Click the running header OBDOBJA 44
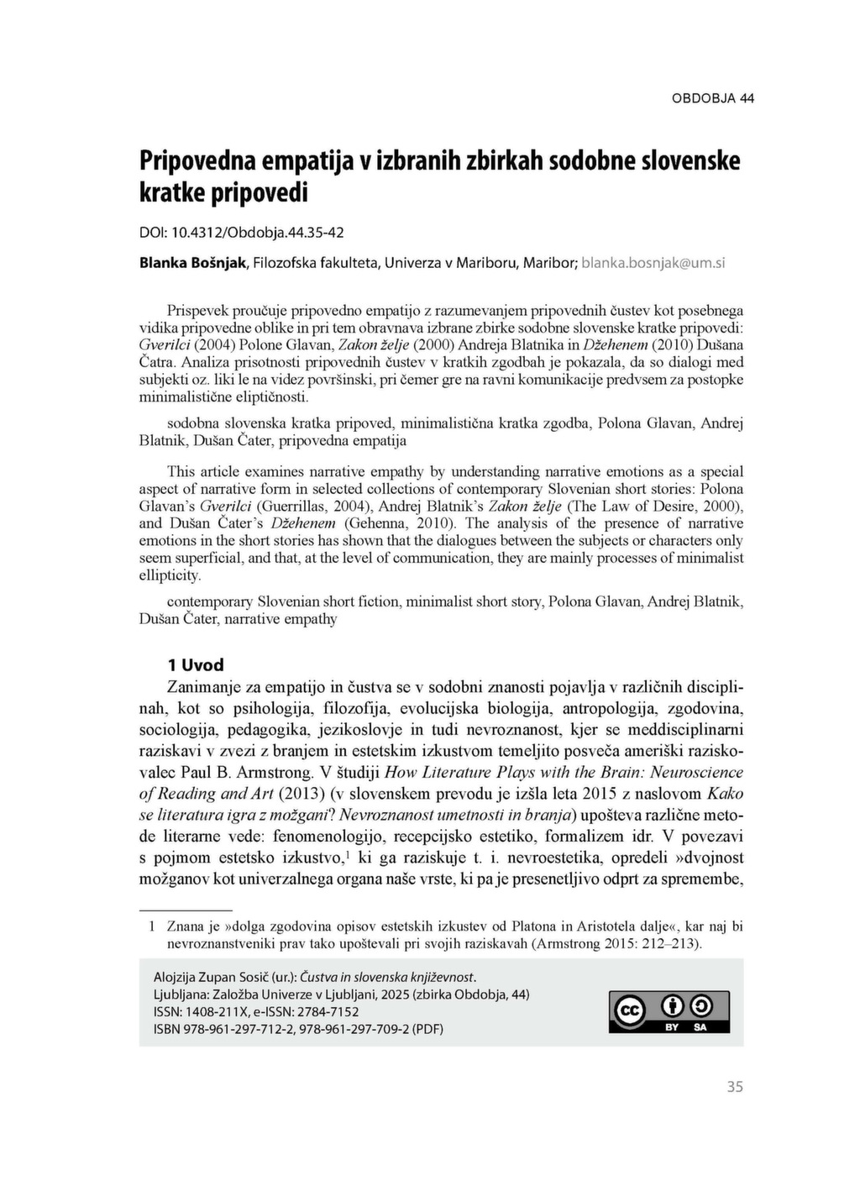[712, 98]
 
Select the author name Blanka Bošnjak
[192, 263]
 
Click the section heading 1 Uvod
[196, 665]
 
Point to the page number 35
[735, 1087]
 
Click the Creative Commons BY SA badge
[669, 1011]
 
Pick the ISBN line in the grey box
[298, 1029]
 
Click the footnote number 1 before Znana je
[152, 926]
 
